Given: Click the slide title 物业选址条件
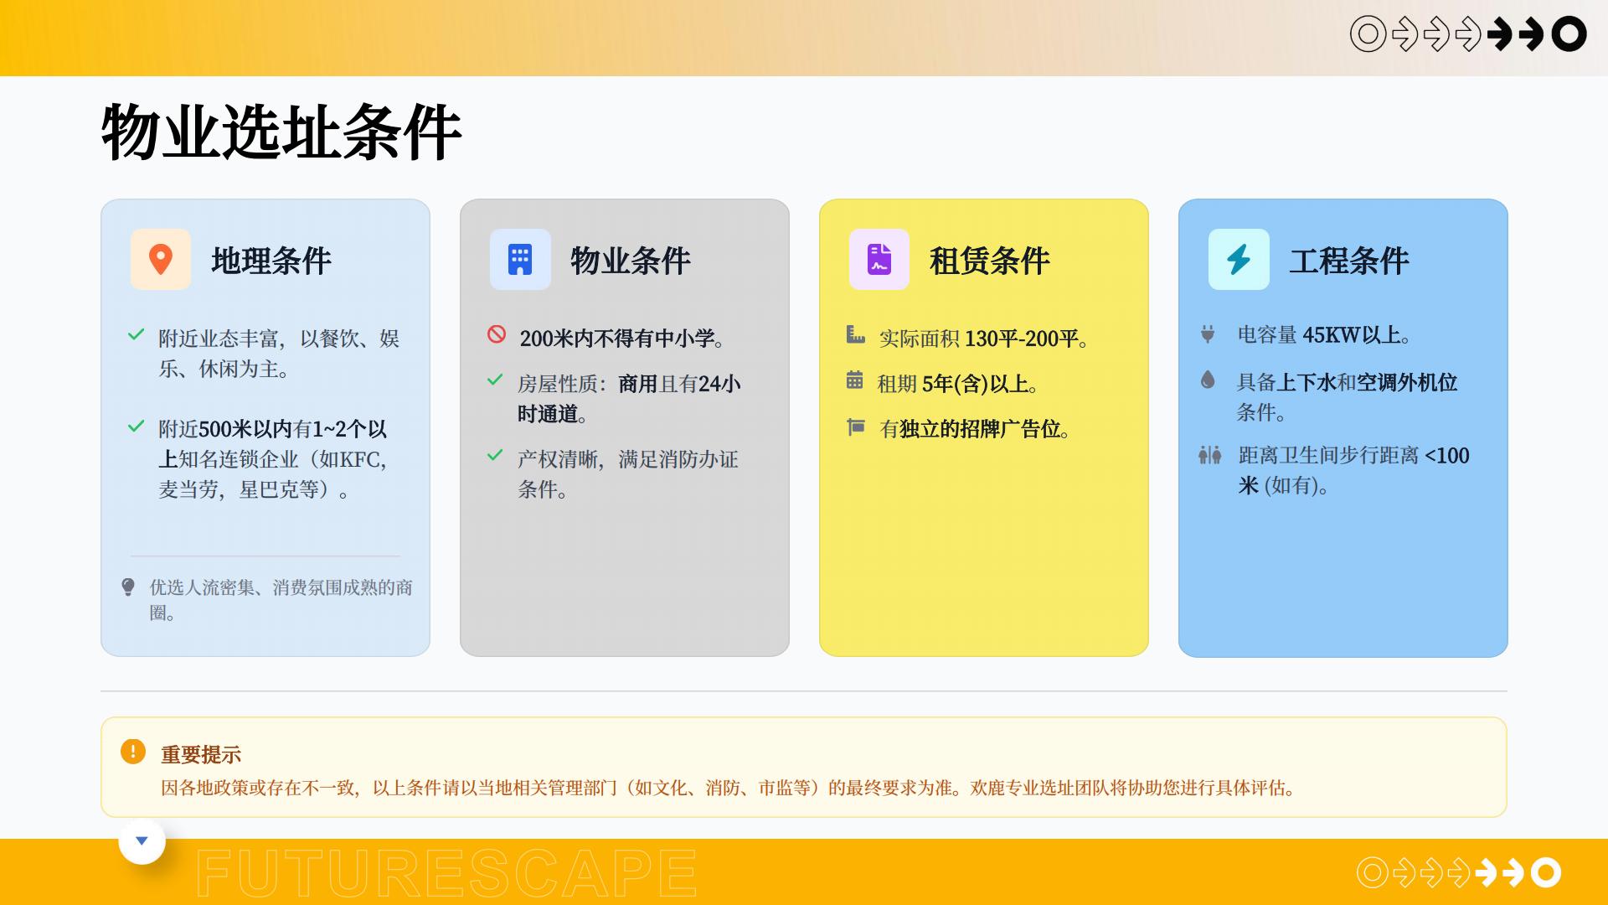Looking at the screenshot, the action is [281, 132].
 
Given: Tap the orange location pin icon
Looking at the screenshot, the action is [161, 260].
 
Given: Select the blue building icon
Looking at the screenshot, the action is [520, 260].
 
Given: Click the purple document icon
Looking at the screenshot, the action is [879, 260].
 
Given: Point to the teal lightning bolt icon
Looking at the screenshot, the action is [1239, 260].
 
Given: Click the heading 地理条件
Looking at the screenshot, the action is [271, 261].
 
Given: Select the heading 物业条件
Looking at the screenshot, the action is [631, 261].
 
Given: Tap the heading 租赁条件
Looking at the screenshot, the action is [990, 261].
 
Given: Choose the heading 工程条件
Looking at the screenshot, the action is [1349, 261].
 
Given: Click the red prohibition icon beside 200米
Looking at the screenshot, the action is [497, 334].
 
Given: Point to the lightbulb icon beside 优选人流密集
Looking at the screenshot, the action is [128, 587].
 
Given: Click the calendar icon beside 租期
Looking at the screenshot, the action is [854, 380].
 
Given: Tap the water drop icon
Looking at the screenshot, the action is [1208, 380].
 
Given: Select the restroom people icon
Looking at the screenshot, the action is [1209, 455].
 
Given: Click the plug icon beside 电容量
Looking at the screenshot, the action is [1208, 334].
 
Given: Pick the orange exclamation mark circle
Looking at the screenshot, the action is [132, 752].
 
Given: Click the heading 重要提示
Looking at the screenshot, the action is [201, 755].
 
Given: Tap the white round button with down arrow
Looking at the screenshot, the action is [142, 840].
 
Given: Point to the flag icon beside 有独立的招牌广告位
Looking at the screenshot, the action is [855, 427].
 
